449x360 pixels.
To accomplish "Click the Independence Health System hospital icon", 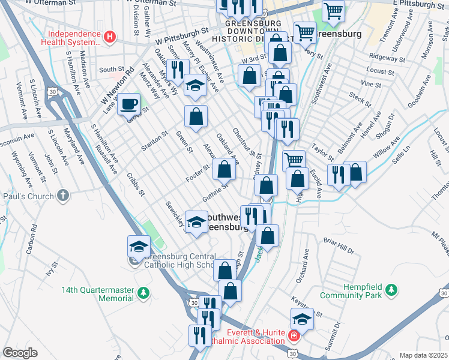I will (109, 37).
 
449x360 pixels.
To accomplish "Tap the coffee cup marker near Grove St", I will (128, 104).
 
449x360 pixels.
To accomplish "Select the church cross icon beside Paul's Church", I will (63, 196).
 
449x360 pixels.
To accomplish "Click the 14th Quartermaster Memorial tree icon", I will (143, 293).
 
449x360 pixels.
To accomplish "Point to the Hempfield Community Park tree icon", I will (391, 290).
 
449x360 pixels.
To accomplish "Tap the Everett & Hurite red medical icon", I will (294, 336).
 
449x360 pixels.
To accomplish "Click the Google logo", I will (20, 353).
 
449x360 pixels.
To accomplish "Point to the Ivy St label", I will (50, 269).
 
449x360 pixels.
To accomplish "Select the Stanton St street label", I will (155, 139).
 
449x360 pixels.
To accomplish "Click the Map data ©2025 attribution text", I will (424, 355).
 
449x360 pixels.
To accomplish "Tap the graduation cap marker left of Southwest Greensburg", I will (196, 222).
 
